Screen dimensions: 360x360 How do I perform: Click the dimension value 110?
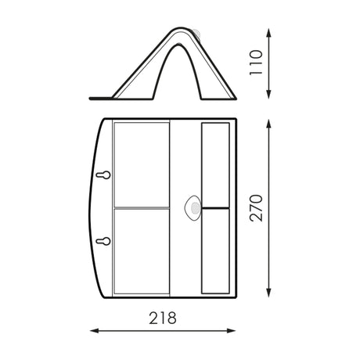click(x=256, y=63)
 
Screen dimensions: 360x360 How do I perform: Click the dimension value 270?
click(x=256, y=208)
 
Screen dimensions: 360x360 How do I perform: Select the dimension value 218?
click(x=163, y=318)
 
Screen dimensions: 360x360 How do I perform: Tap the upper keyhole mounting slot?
click(x=103, y=175)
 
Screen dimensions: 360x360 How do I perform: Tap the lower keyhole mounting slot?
click(x=103, y=241)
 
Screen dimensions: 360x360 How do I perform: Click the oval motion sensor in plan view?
click(x=193, y=208)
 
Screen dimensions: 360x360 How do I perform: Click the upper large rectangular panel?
click(x=142, y=165)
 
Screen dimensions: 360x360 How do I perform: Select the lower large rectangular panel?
click(x=142, y=251)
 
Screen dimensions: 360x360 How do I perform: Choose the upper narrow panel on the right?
click(x=215, y=165)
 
